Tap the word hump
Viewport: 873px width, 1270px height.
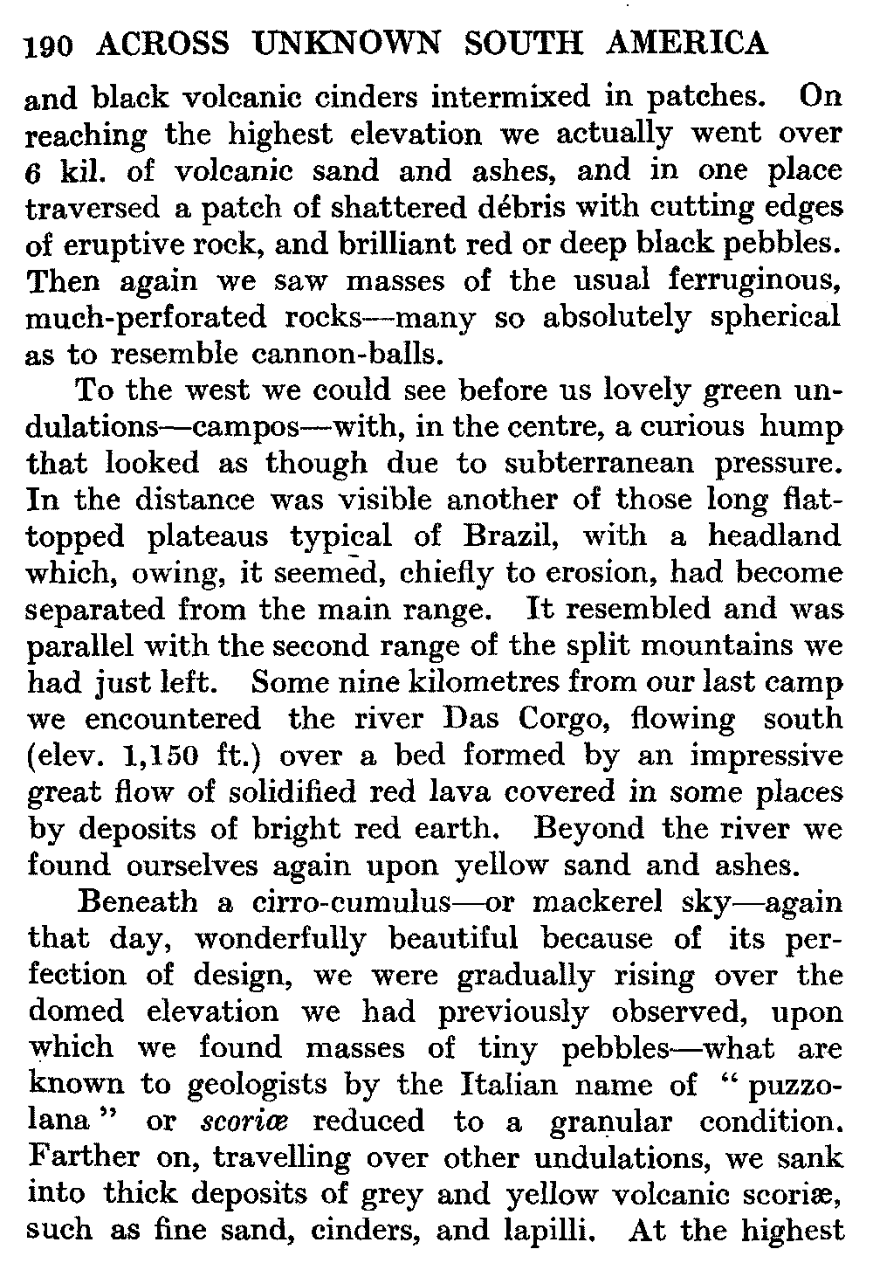tap(802, 427)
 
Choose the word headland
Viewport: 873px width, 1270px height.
tap(774, 536)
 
